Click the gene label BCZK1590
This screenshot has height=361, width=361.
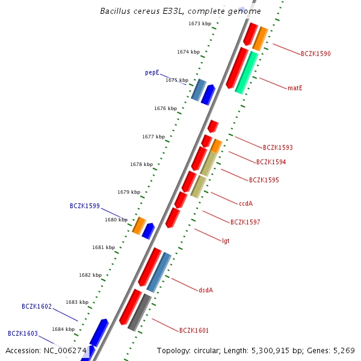coord(316,54)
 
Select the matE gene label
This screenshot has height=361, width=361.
coord(295,88)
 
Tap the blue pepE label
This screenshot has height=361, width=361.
coord(152,73)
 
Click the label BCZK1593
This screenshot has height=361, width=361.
coord(278,148)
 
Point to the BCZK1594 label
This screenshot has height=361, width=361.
coord(271,162)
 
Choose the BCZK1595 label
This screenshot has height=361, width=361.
coord(264,180)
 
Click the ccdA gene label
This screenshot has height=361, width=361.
coord(245,204)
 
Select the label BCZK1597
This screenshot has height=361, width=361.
coord(245,223)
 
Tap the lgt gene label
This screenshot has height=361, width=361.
coord(226,241)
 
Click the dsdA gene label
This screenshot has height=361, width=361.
coord(206,291)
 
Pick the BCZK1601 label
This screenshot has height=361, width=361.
coord(194,331)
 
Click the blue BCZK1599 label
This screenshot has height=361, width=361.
coord(85,206)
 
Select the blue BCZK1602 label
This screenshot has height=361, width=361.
coord(37,307)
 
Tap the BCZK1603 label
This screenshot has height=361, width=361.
coord(23,333)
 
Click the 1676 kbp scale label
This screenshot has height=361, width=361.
coord(165,109)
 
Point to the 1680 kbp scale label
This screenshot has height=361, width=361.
coord(116,220)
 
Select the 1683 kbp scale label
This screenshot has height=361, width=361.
coord(77,303)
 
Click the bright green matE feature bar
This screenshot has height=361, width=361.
coord(247,72)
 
